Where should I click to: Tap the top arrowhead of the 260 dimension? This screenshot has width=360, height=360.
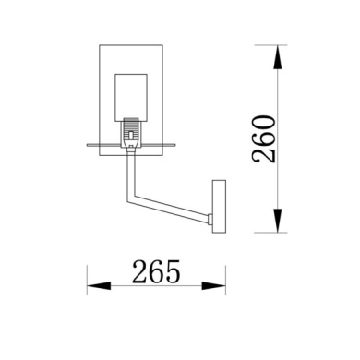[277, 51]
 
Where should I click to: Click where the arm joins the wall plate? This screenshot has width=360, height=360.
[212, 218]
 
